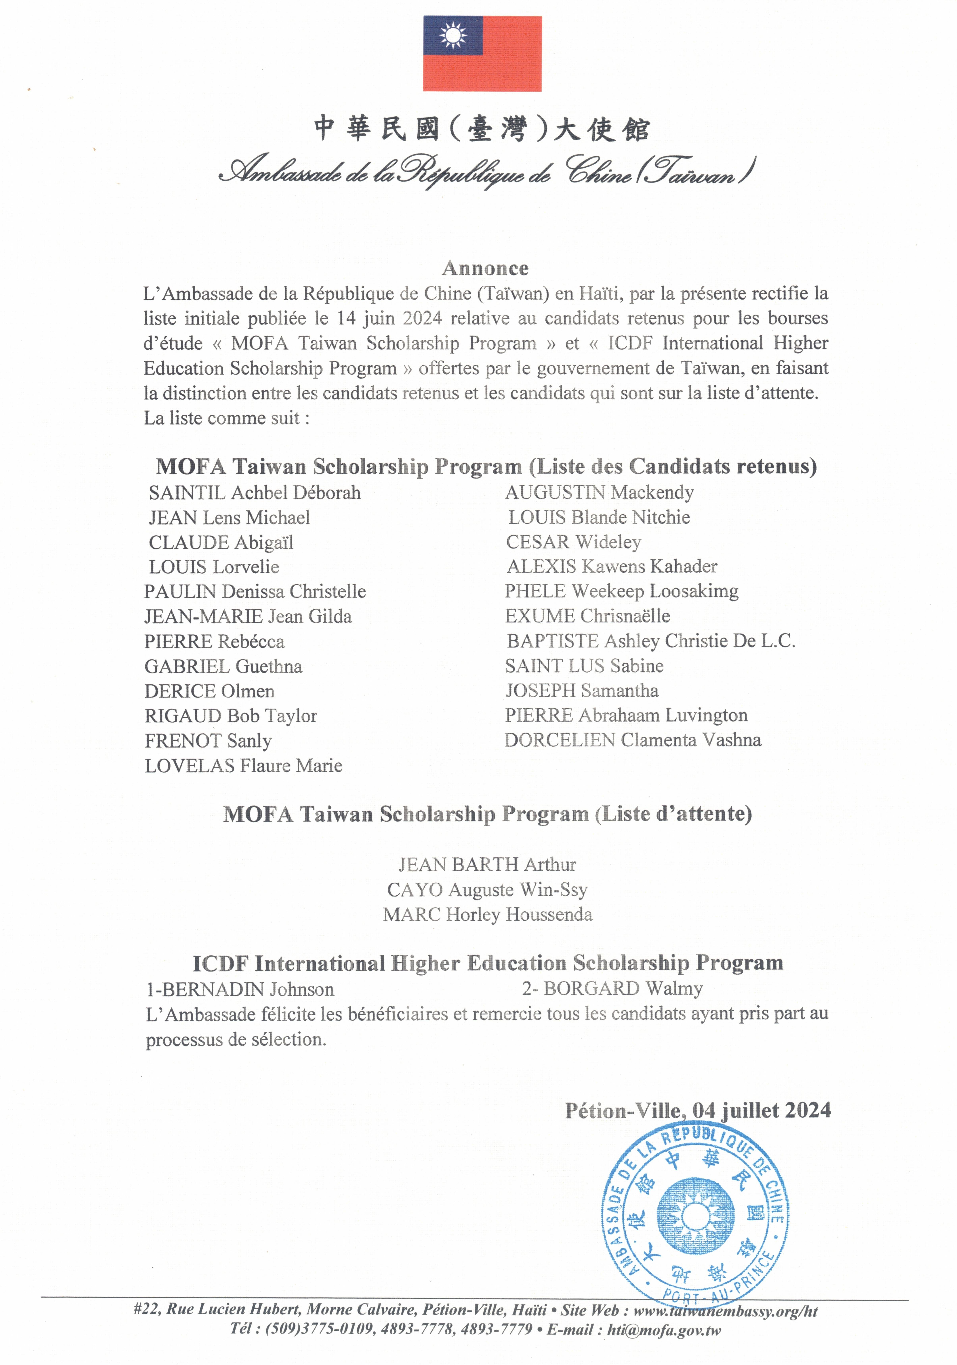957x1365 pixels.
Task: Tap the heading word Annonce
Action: pos(485,269)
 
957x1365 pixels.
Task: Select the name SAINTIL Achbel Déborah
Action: pos(254,493)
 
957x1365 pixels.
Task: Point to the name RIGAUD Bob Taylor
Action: pos(231,716)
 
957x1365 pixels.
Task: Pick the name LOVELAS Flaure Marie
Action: pos(243,766)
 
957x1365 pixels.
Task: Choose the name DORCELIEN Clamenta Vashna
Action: pos(633,740)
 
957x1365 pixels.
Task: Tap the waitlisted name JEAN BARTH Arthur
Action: pos(487,864)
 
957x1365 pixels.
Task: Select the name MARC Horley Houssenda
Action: pos(487,914)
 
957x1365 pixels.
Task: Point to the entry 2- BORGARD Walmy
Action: pos(612,989)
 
